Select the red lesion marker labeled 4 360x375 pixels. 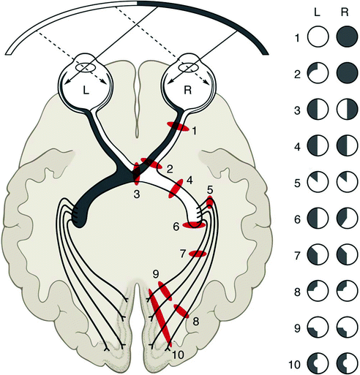[x=176, y=189]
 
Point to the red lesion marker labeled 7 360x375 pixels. [x=198, y=254]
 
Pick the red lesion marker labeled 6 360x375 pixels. [x=193, y=225]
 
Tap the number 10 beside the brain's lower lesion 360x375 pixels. [x=178, y=354]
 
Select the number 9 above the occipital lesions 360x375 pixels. [x=155, y=274]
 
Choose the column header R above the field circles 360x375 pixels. [x=344, y=12]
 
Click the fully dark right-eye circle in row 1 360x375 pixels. [x=344, y=37]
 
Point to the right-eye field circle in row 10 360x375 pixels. [x=344, y=363]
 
